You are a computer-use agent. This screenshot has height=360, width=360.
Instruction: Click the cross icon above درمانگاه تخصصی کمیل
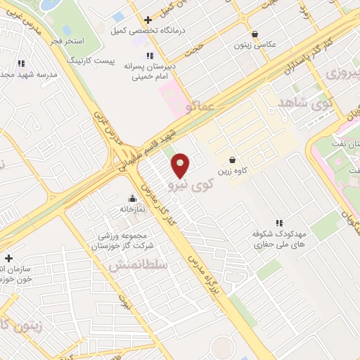[x=147, y=20]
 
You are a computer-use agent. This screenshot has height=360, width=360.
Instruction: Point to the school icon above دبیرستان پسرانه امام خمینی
[x=149, y=56]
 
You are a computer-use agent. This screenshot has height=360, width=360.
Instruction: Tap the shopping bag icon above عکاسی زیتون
[x=254, y=33]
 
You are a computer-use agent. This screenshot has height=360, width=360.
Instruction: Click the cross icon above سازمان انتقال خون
[x=8, y=259]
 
